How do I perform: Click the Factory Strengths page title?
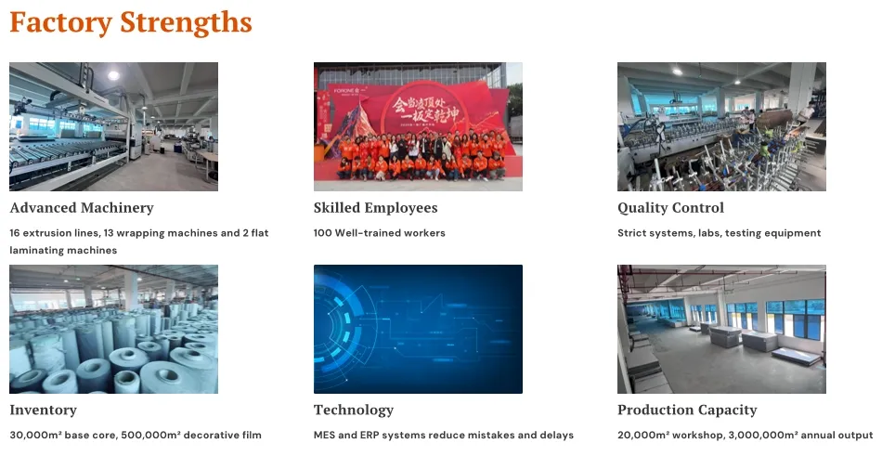[130, 22]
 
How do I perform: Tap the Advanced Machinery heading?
[82, 208]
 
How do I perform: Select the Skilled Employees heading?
[375, 208]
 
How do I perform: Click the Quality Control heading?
[670, 208]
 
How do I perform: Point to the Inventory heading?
[43, 410]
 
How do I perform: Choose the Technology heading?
[354, 410]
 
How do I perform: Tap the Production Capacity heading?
[687, 410]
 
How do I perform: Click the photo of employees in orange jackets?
[418, 126]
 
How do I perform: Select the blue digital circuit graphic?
[418, 329]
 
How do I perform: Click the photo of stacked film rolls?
[113, 329]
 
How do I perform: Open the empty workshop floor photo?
[721, 329]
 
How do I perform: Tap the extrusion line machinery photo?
[113, 126]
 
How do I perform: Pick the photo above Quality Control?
[721, 126]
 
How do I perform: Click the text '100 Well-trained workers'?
[379, 233]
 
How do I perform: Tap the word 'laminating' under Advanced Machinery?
[40, 250]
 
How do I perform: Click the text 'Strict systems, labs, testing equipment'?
[719, 233]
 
